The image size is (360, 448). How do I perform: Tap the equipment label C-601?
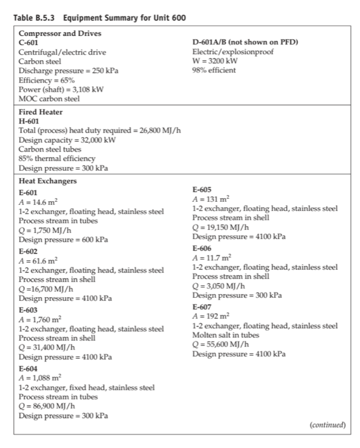pyautogui.click(x=31, y=43)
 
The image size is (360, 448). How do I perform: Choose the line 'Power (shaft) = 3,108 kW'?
pyautogui.click(x=61, y=89)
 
